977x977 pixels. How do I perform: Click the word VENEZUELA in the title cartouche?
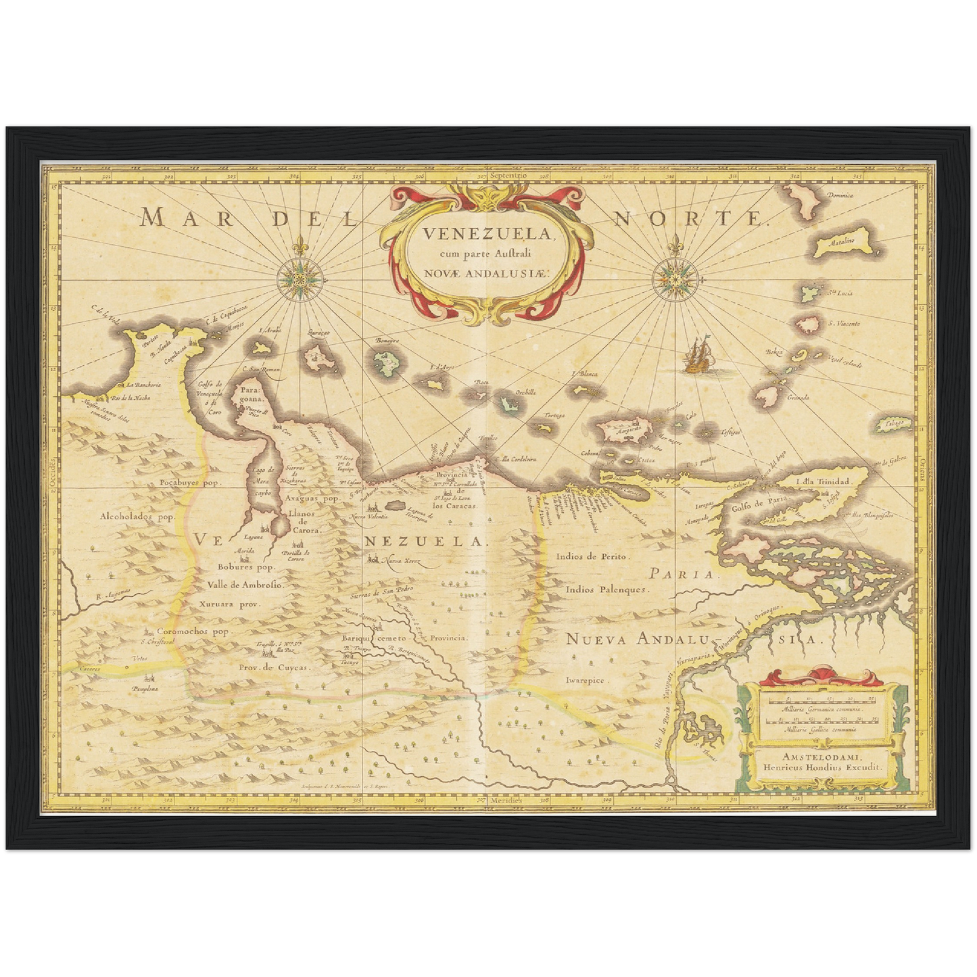[485, 234]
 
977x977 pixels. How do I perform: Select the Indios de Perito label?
[592, 556]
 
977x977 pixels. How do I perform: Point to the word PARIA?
[681, 574]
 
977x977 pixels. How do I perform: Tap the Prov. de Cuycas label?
[273, 667]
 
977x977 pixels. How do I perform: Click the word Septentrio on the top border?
[501, 175]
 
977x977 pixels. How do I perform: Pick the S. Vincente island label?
[844, 324]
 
